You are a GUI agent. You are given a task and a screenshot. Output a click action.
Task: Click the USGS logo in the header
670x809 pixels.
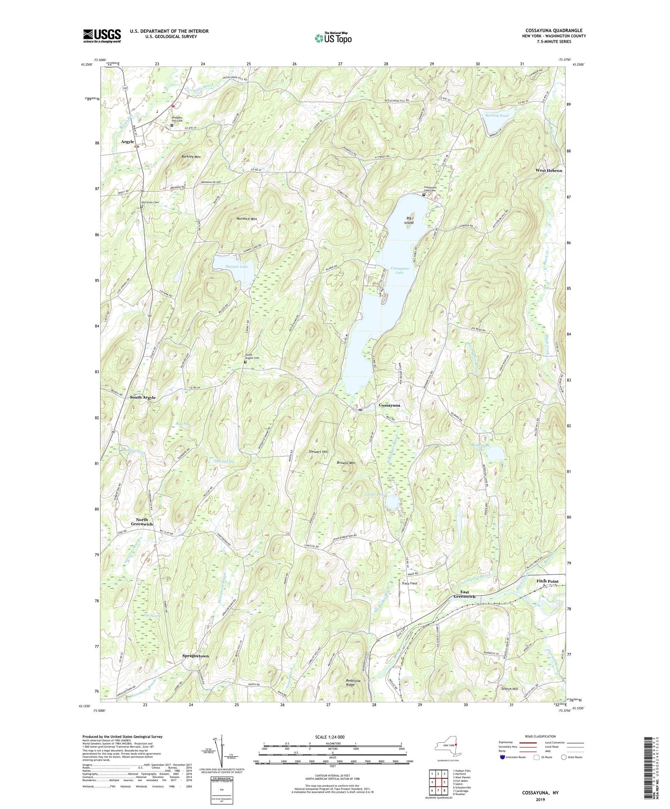102,35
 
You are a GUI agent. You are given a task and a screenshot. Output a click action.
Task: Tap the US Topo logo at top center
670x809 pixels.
332,38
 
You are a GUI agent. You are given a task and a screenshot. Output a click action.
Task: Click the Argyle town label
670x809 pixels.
128,141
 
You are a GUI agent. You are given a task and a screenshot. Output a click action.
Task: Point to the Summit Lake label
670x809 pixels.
236,266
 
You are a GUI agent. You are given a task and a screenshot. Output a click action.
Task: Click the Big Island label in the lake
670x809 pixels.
408,220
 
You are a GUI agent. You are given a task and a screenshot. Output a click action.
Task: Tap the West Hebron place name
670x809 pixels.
549,171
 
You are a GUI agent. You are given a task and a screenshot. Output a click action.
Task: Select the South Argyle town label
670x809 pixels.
143,398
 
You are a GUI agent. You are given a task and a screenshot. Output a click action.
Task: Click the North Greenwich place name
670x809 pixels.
141,522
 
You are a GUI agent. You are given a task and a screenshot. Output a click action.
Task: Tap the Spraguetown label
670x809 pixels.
195,656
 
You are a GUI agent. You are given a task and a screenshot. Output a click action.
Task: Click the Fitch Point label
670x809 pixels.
547,581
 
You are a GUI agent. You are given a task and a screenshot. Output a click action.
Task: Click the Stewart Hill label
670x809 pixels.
318,451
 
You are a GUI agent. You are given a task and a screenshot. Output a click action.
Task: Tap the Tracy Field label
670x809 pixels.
409,583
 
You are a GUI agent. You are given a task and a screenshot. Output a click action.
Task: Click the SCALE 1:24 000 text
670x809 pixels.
330,737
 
